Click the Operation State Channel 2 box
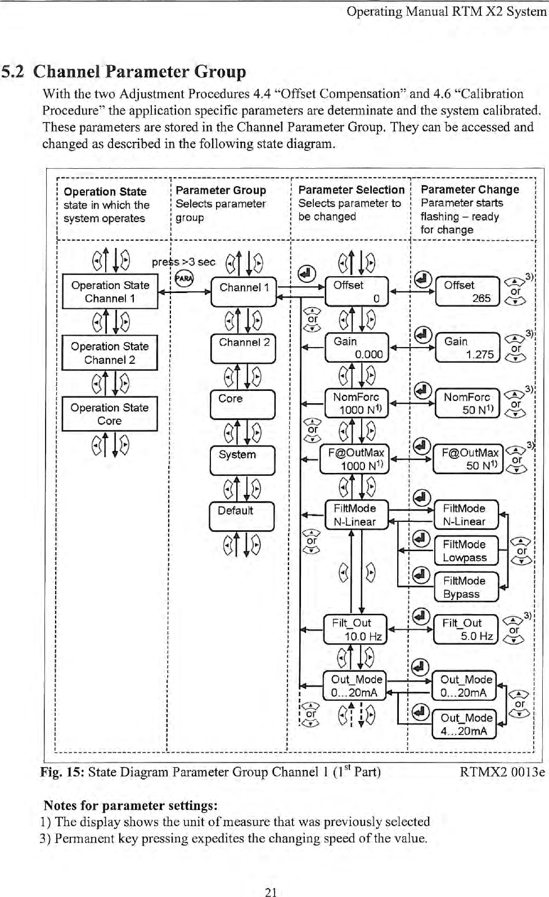(x=110, y=353)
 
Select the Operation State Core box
(x=110, y=414)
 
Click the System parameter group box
(x=242, y=460)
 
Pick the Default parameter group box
(x=242, y=516)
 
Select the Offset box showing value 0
(x=357, y=291)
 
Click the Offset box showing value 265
(x=467, y=291)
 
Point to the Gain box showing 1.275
(x=468, y=348)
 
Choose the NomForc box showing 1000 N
(x=357, y=403)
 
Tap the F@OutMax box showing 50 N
(x=468, y=459)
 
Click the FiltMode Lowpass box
(x=466, y=551)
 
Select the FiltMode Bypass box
(x=466, y=587)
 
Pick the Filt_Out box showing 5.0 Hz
(x=466, y=629)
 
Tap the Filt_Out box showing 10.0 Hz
(x=355, y=629)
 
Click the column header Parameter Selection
(x=351, y=190)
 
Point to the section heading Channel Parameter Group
(x=139, y=72)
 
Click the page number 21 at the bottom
(x=271, y=891)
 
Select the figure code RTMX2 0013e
(x=502, y=772)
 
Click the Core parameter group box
(x=242, y=404)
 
